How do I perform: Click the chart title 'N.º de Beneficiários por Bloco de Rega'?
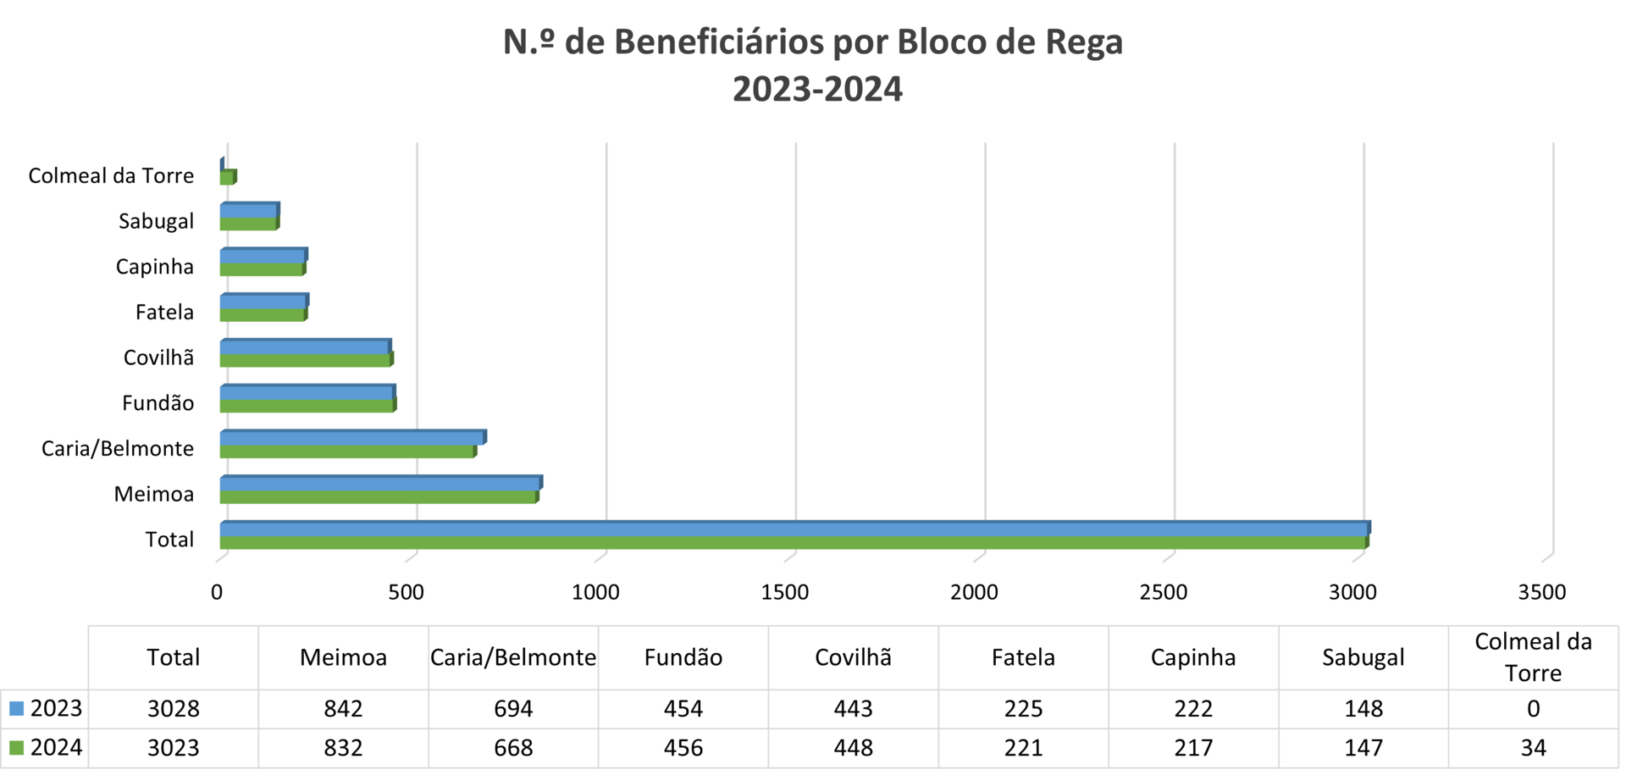(x=813, y=42)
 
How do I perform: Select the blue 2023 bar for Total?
(x=794, y=529)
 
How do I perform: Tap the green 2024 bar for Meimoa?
(x=379, y=497)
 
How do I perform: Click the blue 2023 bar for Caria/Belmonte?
(x=352, y=438)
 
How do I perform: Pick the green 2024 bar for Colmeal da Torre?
(x=228, y=178)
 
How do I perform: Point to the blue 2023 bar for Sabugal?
(x=249, y=210)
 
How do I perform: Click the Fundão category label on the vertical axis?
(x=158, y=403)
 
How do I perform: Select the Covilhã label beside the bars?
(x=158, y=357)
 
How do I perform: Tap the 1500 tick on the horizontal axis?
(x=785, y=592)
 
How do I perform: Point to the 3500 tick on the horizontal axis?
(x=1542, y=592)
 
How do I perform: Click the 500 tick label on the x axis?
(x=406, y=592)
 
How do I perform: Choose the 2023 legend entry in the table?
(x=46, y=709)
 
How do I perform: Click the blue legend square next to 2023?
(x=16, y=709)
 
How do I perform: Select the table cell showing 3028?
(x=174, y=709)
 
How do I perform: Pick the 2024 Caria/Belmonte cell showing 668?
(x=513, y=748)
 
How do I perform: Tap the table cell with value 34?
(x=1533, y=748)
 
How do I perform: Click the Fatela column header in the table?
(x=1023, y=657)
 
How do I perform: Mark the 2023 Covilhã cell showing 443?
(x=853, y=709)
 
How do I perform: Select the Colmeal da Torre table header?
(x=1533, y=657)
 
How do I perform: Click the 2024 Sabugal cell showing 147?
(x=1363, y=748)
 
